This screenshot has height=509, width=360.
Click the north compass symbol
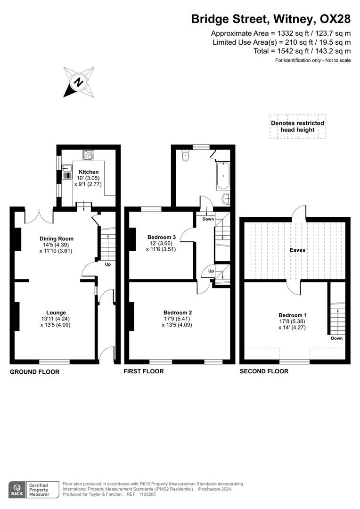(79, 82)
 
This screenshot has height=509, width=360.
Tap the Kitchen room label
(89, 172)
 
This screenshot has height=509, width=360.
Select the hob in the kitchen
(88, 155)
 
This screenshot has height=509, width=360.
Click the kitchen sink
(66, 170)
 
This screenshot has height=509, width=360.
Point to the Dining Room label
(57, 238)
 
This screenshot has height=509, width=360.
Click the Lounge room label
(56, 312)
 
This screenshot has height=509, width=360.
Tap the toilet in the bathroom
(185, 155)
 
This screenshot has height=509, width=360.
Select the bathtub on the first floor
(223, 176)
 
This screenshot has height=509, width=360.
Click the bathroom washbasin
(227, 199)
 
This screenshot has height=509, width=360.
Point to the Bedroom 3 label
(162, 237)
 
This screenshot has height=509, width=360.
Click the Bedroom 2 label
(178, 312)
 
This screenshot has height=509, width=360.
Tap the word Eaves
(297, 250)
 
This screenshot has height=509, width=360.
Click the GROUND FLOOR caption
(35, 372)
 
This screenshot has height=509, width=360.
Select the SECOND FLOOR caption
(264, 371)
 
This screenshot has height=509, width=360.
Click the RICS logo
(18, 489)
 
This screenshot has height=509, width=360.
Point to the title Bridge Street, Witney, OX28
(270, 19)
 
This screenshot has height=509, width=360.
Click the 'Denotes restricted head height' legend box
(297, 126)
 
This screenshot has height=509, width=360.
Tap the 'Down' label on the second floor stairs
(336, 338)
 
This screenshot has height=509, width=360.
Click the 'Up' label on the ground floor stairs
(108, 264)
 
